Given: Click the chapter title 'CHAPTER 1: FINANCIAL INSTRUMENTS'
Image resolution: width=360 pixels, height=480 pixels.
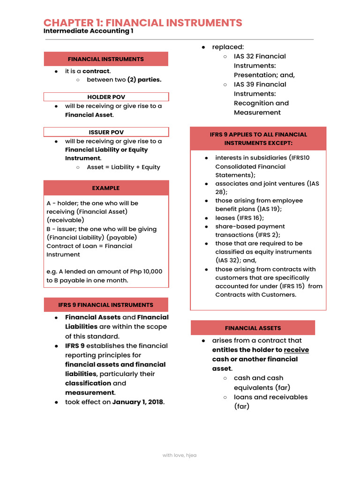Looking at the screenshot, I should tap(143, 22).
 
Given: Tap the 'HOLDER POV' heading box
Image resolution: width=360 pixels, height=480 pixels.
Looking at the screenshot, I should tap(106, 97).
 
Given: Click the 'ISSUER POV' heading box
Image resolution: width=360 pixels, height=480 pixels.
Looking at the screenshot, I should tap(106, 132).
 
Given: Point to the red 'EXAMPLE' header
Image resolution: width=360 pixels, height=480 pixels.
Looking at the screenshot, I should tap(106, 188).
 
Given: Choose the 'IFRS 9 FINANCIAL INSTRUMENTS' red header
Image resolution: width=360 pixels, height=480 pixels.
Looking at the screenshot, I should tap(106, 305).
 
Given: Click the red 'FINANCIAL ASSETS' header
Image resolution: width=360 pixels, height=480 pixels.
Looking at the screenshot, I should tap(253, 328).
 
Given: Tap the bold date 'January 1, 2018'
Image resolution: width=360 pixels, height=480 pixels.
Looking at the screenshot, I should tap(138, 402).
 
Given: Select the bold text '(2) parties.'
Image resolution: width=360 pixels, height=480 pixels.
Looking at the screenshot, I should tap(144, 80).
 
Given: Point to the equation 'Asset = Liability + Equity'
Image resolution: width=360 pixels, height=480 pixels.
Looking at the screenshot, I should tap(123, 167).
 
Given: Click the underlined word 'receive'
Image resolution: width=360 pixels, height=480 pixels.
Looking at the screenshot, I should tap(296, 350).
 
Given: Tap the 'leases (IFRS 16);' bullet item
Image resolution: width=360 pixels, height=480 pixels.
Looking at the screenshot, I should tap(240, 218).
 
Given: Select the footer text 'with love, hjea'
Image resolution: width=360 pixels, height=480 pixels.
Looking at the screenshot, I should tap(180, 455).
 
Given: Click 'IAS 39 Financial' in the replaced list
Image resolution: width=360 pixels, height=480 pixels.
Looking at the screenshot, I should tap(260, 84).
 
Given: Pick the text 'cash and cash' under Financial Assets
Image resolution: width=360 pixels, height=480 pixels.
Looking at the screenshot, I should tap(258, 378).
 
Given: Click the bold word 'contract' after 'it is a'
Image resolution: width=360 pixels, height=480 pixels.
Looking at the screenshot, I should tap(96, 71).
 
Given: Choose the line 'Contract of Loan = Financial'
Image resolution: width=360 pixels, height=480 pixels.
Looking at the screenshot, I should tap(89, 246).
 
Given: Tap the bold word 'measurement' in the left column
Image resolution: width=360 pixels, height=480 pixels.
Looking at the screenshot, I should tap(90, 393).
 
